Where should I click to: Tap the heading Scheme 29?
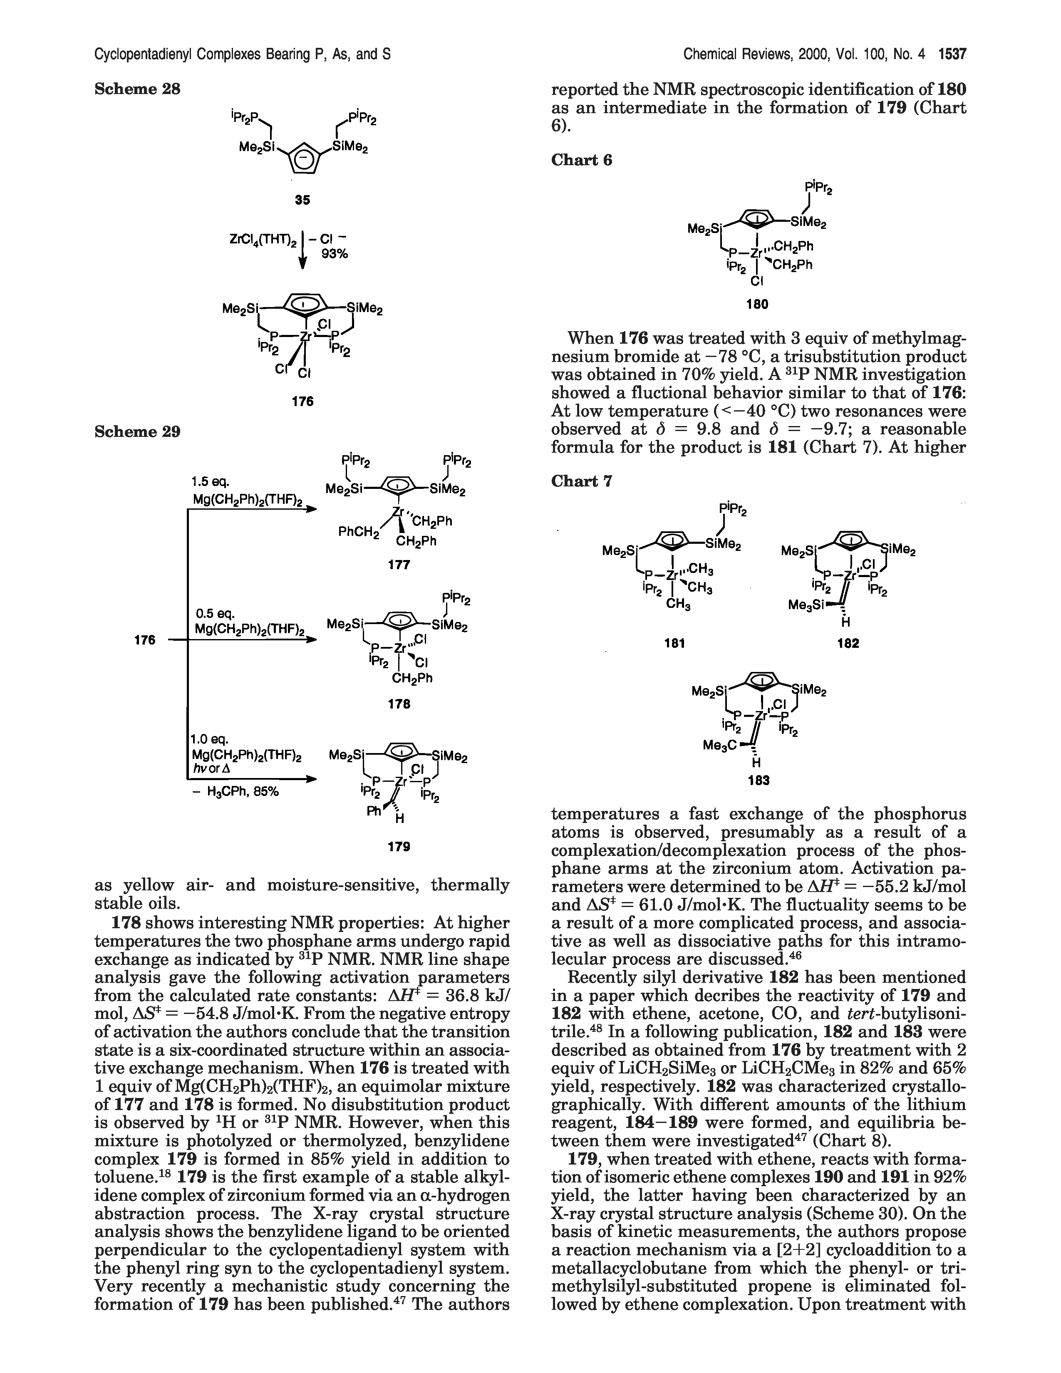coord(137,431)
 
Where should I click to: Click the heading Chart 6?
coord(581,160)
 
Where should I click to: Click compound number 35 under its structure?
coord(303,200)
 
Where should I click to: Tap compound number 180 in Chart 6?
coord(757,304)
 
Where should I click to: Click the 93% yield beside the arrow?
coord(335,254)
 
